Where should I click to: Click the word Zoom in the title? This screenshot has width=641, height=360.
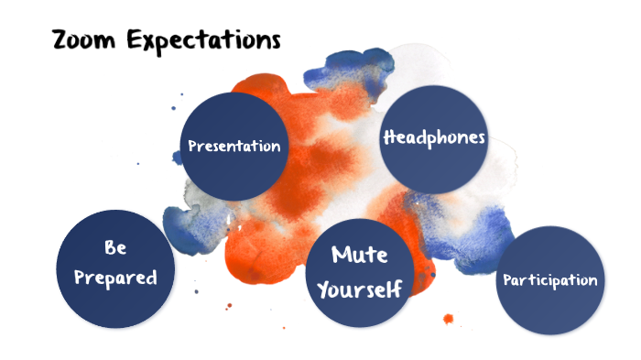click(83, 40)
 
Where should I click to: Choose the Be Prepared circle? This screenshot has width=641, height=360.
click(115, 268)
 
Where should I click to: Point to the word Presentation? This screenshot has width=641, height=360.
click(234, 146)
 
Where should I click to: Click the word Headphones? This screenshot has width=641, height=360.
click(433, 138)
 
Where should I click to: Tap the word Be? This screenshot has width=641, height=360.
click(115, 248)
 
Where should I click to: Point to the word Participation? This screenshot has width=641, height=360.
click(550, 280)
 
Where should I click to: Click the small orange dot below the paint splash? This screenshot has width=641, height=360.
click(449, 319)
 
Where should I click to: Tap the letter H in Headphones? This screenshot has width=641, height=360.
click(388, 138)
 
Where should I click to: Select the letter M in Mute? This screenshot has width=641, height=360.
click(340, 256)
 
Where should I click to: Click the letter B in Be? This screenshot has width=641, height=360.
click(109, 248)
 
